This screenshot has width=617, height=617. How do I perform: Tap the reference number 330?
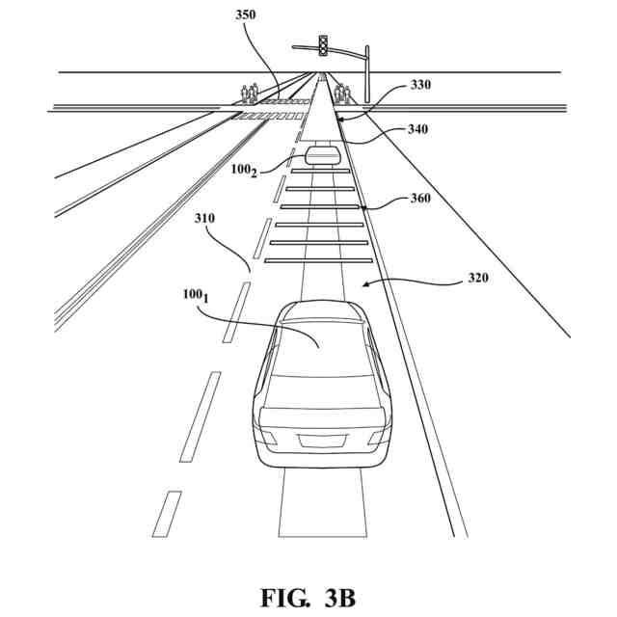click(420, 85)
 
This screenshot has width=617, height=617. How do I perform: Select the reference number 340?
click(417, 128)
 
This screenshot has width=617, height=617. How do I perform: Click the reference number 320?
click(477, 279)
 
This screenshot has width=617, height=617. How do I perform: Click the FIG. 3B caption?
click(308, 598)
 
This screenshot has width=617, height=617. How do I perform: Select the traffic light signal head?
click(324, 44)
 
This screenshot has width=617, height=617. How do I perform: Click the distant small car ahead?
click(322, 155)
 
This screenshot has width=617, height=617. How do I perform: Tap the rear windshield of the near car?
click(319, 350)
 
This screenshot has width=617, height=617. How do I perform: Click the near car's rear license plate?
click(321, 441)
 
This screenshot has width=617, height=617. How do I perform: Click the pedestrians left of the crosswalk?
click(250, 93)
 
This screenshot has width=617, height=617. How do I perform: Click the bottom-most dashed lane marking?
click(167, 513)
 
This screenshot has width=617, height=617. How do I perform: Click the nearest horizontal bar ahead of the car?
click(319, 260)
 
